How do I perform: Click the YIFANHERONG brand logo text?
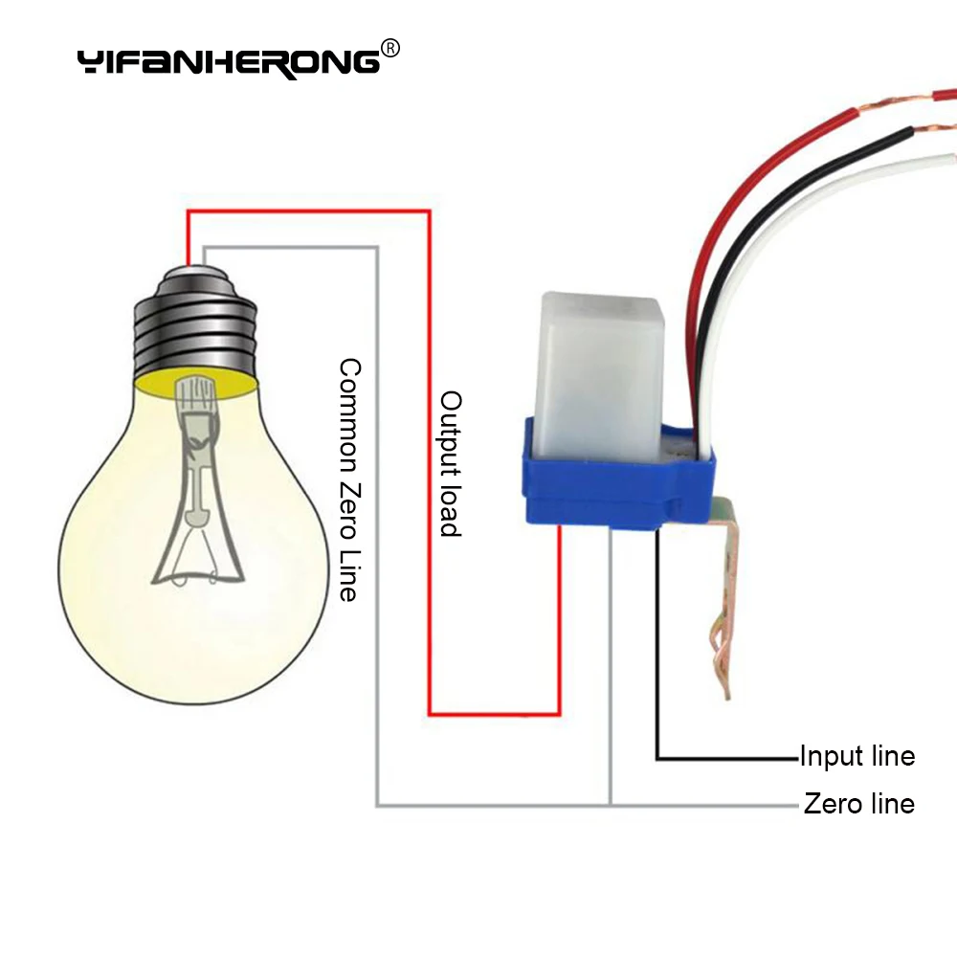tap(229, 63)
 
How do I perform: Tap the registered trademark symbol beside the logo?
tap(390, 48)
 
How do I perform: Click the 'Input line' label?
tap(857, 756)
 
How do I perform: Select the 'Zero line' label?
tap(859, 803)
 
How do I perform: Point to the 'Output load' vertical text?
tap(451, 464)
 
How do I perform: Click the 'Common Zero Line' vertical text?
tap(349, 479)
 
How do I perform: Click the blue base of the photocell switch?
tap(616, 482)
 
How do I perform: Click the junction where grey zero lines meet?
tap(611, 806)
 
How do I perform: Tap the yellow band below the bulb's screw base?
tap(196, 385)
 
